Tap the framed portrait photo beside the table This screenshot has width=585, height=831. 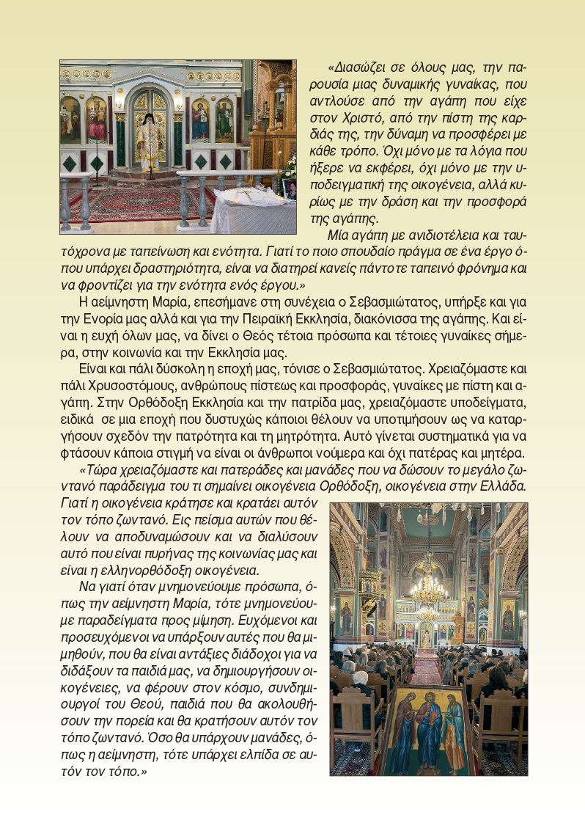pyautogui.click(x=290, y=188)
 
